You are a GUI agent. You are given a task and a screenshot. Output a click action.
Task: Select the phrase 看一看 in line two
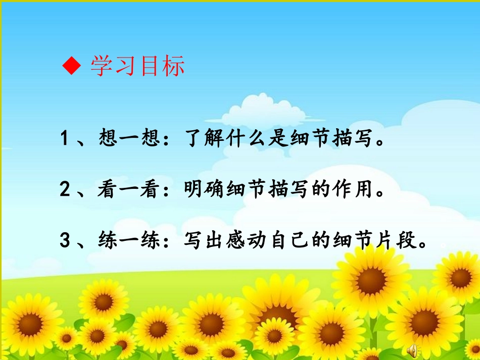[129, 190]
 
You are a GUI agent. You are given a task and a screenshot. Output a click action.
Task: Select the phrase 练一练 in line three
[129, 240]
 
